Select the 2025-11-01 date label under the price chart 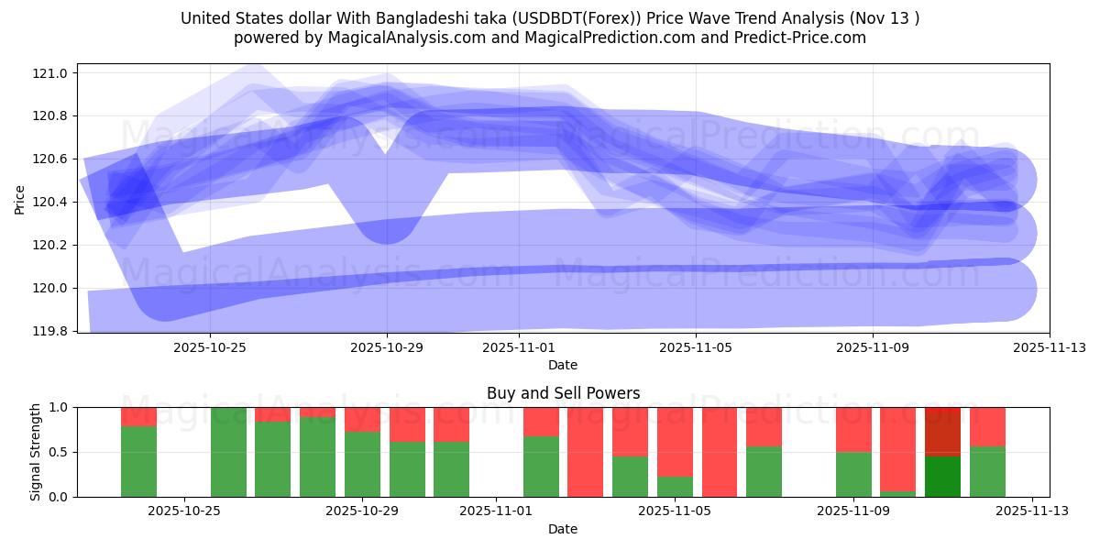point(518,347)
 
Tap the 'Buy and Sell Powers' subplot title point(563,393)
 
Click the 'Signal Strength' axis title point(36,451)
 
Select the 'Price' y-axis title point(20,200)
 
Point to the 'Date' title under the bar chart point(563,529)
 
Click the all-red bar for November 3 point(585,451)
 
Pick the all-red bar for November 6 point(720,451)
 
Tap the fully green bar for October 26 point(228,451)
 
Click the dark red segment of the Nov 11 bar point(942,431)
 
